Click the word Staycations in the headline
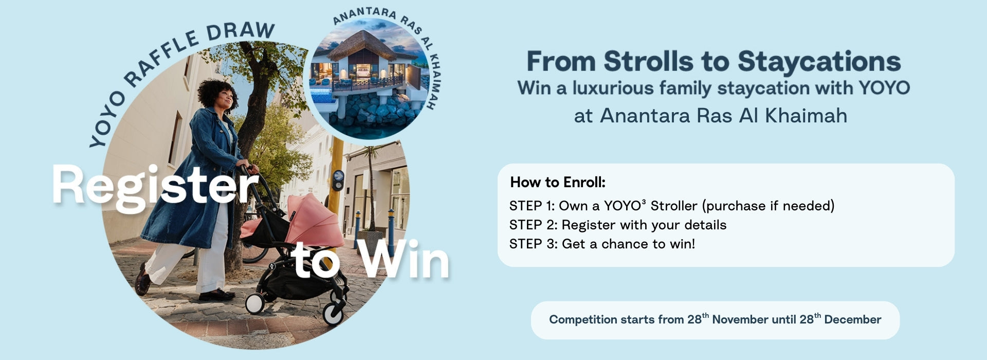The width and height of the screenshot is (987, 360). point(819,62)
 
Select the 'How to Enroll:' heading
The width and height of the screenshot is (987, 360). point(558,183)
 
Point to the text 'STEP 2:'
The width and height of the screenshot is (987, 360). point(533,225)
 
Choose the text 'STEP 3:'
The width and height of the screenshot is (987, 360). point(533,244)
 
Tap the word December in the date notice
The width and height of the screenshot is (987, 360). point(853,319)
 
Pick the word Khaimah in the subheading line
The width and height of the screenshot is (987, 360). point(806,116)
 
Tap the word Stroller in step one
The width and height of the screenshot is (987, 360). point(674,206)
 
